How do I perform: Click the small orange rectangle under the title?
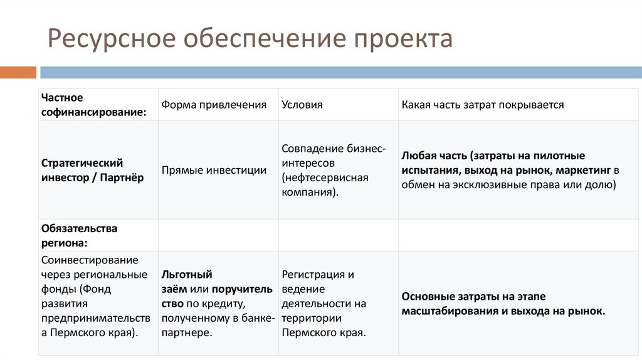pos(18,73)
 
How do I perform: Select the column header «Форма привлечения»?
pos(214,105)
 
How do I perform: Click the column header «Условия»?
pos(302,105)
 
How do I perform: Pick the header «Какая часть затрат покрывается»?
pos(483,105)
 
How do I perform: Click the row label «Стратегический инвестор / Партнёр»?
pos(93,170)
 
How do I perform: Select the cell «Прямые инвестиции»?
pos(214,170)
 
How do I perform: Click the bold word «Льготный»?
pos(187,274)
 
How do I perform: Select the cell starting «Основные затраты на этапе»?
pos(503,304)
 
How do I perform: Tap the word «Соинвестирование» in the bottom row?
pos(90,260)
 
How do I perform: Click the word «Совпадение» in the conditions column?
pos(311,149)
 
